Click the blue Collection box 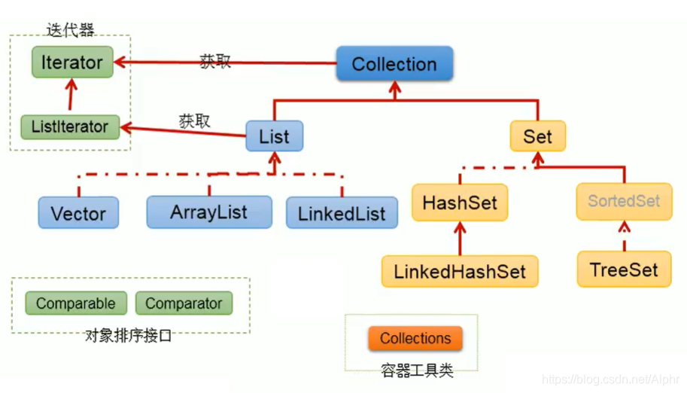[394, 64]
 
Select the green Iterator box [72, 62]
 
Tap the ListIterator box [69, 126]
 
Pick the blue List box [274, 136]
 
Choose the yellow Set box [537, 136]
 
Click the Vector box [78, 213]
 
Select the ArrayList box [208, 212]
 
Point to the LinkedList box [341, 213]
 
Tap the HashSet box [459, 203]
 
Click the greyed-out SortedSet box [624, 201]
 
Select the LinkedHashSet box [460, 271]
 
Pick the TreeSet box [624, 270]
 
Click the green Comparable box [75, 303]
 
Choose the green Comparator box [184, 303]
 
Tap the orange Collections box [415, 338]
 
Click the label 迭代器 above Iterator [70, 30]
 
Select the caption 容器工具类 [417, 370]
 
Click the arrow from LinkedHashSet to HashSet [459, 237]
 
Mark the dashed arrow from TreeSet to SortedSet [624, 236]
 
